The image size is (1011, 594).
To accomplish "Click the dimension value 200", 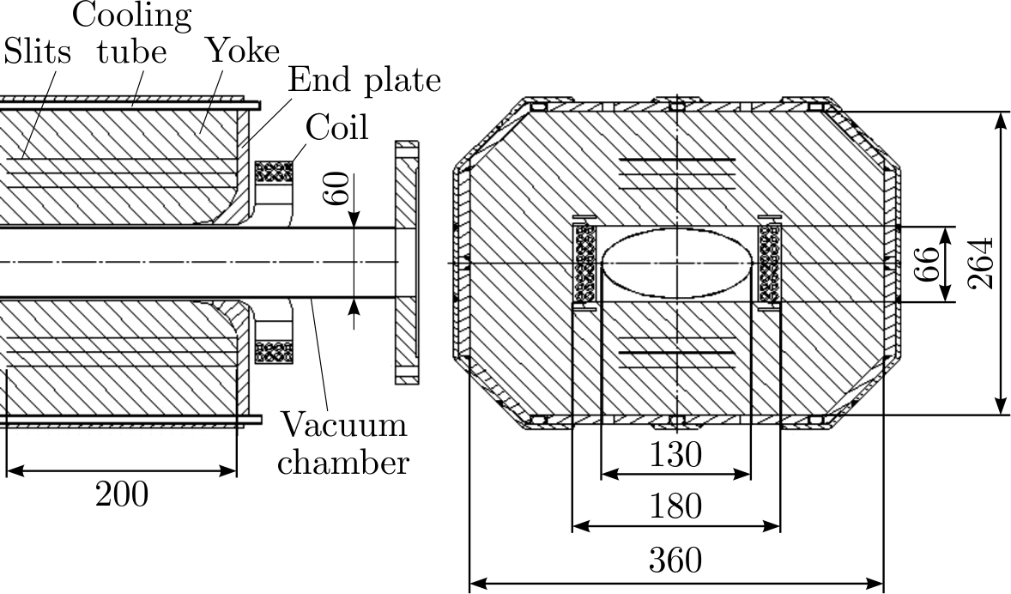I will (x=121, y=494).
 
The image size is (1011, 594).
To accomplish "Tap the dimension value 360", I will (x=675, y=561).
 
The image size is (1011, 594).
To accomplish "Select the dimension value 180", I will (x=675, y=506).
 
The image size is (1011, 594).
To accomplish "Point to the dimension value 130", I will (x=675, y=454).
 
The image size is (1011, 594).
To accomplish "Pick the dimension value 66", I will (x=925, y=264).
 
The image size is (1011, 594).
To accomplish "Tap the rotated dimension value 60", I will (x=337, y=190).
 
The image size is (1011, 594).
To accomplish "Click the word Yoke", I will (x=242, y=52).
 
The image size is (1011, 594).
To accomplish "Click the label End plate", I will (x=364, y=80).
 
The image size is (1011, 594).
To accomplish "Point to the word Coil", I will (x=336, y=127).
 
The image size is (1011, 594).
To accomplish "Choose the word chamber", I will (x=343, y=463).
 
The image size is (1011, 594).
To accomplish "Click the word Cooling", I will (x=131, y=15).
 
